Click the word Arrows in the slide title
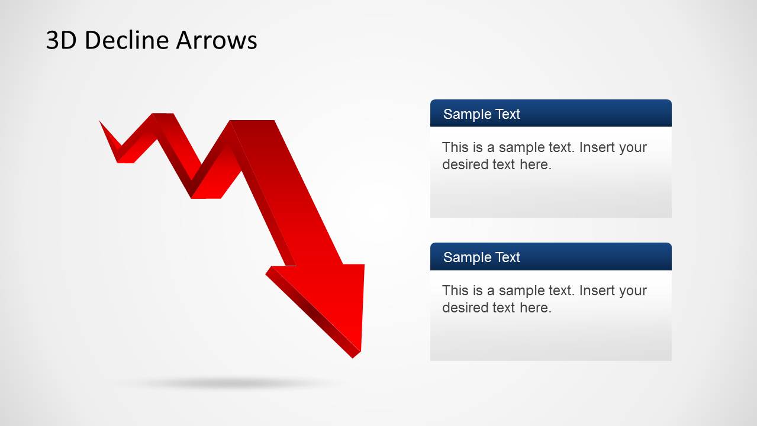coord(216,40)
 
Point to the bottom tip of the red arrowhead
coord(357,355)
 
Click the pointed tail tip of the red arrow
coord(101,122)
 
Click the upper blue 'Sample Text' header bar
coord(550,114)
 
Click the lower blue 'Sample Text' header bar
coord(550,257)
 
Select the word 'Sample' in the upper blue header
coord(463,114)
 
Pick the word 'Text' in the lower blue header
coord(507,257)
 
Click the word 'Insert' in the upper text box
coord(597,147)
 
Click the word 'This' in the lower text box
coord(455,291)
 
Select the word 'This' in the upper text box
coord(455,147)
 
